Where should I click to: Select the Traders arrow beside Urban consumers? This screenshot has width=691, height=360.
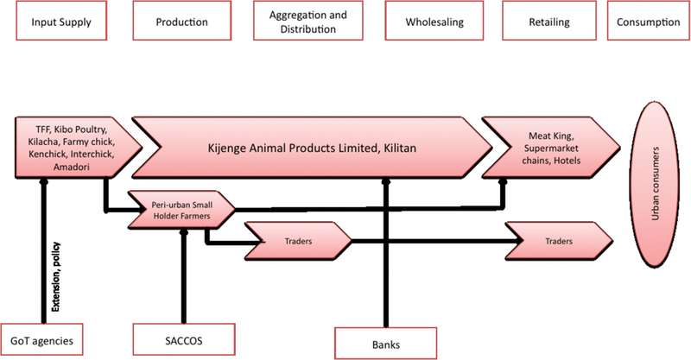(x=558, y=243)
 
